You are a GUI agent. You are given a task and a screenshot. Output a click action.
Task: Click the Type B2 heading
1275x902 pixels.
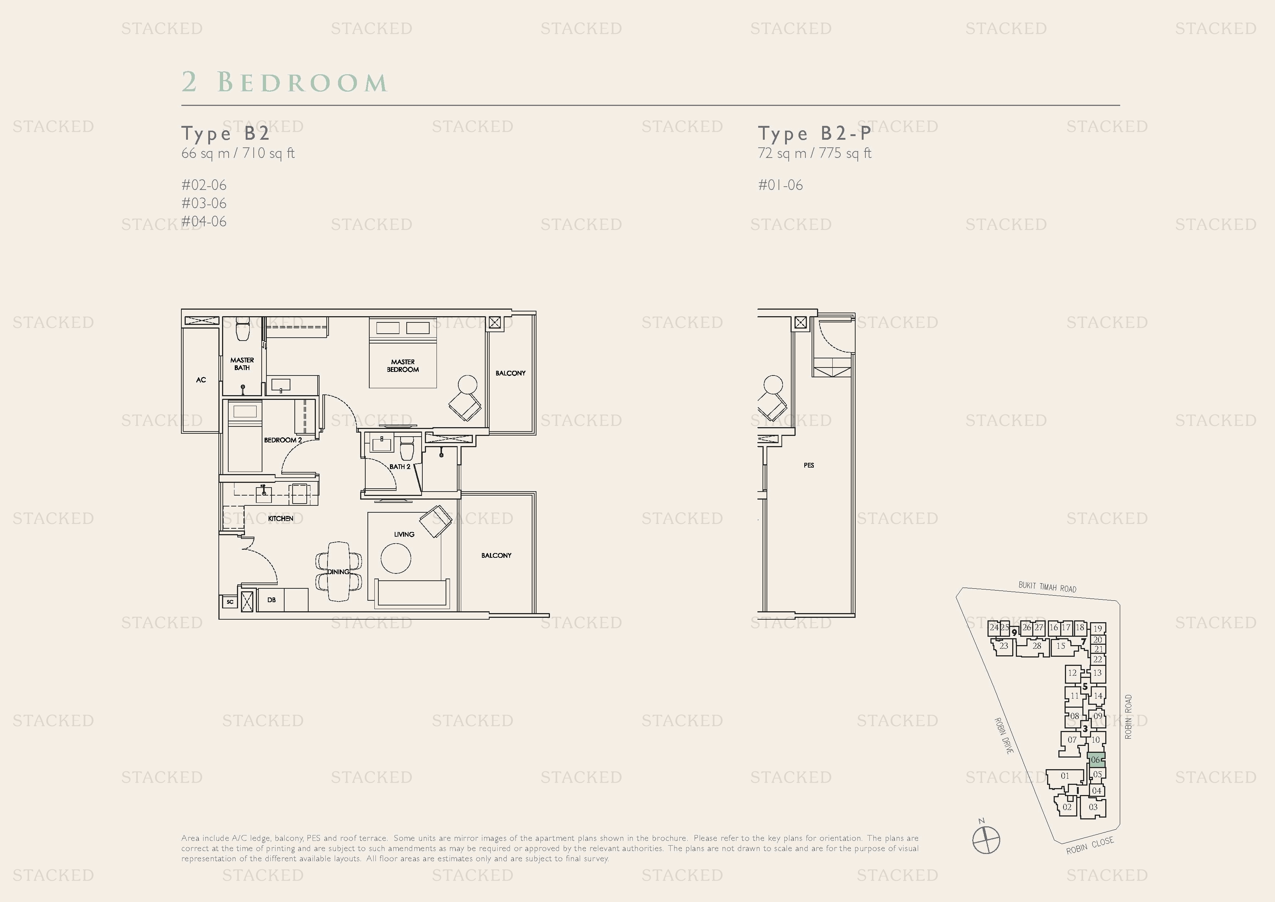click(225, 134)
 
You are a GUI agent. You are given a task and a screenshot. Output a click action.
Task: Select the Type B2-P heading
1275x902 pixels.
click(814, 134)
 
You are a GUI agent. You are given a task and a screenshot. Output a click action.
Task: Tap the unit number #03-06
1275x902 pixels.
click(204, 203)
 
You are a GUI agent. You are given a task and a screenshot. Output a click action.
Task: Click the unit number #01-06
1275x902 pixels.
click(780, 185)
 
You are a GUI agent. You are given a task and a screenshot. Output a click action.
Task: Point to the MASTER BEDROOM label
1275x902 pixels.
click(403, 366)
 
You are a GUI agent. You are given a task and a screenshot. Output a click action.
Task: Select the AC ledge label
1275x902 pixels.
click(201, 380)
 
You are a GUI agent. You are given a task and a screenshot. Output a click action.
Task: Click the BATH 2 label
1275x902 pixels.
click(399, 466)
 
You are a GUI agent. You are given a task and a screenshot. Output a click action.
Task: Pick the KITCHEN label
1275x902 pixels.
click(281, 518)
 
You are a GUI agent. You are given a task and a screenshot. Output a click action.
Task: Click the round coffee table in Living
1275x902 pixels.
click(396, 558)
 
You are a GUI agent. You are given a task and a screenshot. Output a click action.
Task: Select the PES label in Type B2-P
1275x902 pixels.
click(809, 465)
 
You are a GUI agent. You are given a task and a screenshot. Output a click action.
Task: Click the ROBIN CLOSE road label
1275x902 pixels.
click(1090, 845)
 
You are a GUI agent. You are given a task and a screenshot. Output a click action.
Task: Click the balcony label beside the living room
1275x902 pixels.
click(496, 555)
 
